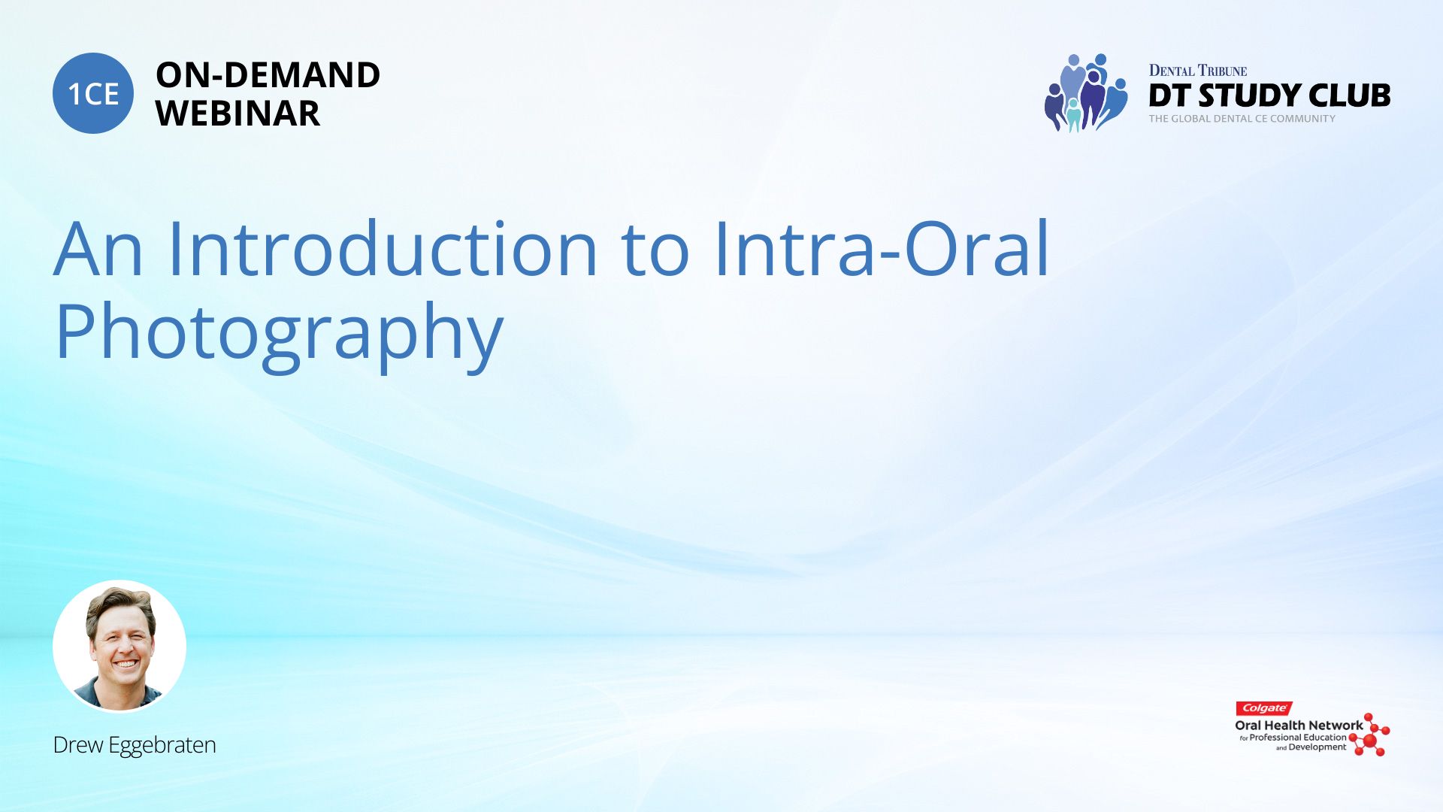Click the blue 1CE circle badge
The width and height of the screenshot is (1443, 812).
click(x=93, y=93)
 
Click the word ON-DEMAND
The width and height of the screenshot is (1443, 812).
click(x=268, y=75)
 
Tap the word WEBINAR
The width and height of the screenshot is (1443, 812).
click(x=237, y=114)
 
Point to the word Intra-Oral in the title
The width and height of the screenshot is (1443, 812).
click(x=882, y=248)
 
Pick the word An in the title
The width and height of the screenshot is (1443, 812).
click(x=98, y=249)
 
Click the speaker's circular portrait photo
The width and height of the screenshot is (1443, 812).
click(x=119, y=647)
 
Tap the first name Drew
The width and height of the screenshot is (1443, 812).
click(x=78, y=745)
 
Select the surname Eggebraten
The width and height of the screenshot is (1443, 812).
click(x=162, y=747)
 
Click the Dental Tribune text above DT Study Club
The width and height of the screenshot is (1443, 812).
click(x=1198, y=71)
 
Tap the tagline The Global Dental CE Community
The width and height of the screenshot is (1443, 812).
click(x=1242, y=119)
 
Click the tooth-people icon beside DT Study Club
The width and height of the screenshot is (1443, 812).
click(x=1086, y=92)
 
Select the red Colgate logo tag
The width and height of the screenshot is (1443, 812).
click(x=1264, y=708)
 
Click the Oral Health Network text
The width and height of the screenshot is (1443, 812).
click(x=1299, y=726)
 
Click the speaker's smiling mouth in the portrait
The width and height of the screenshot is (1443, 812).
click(x=125, y=664)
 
